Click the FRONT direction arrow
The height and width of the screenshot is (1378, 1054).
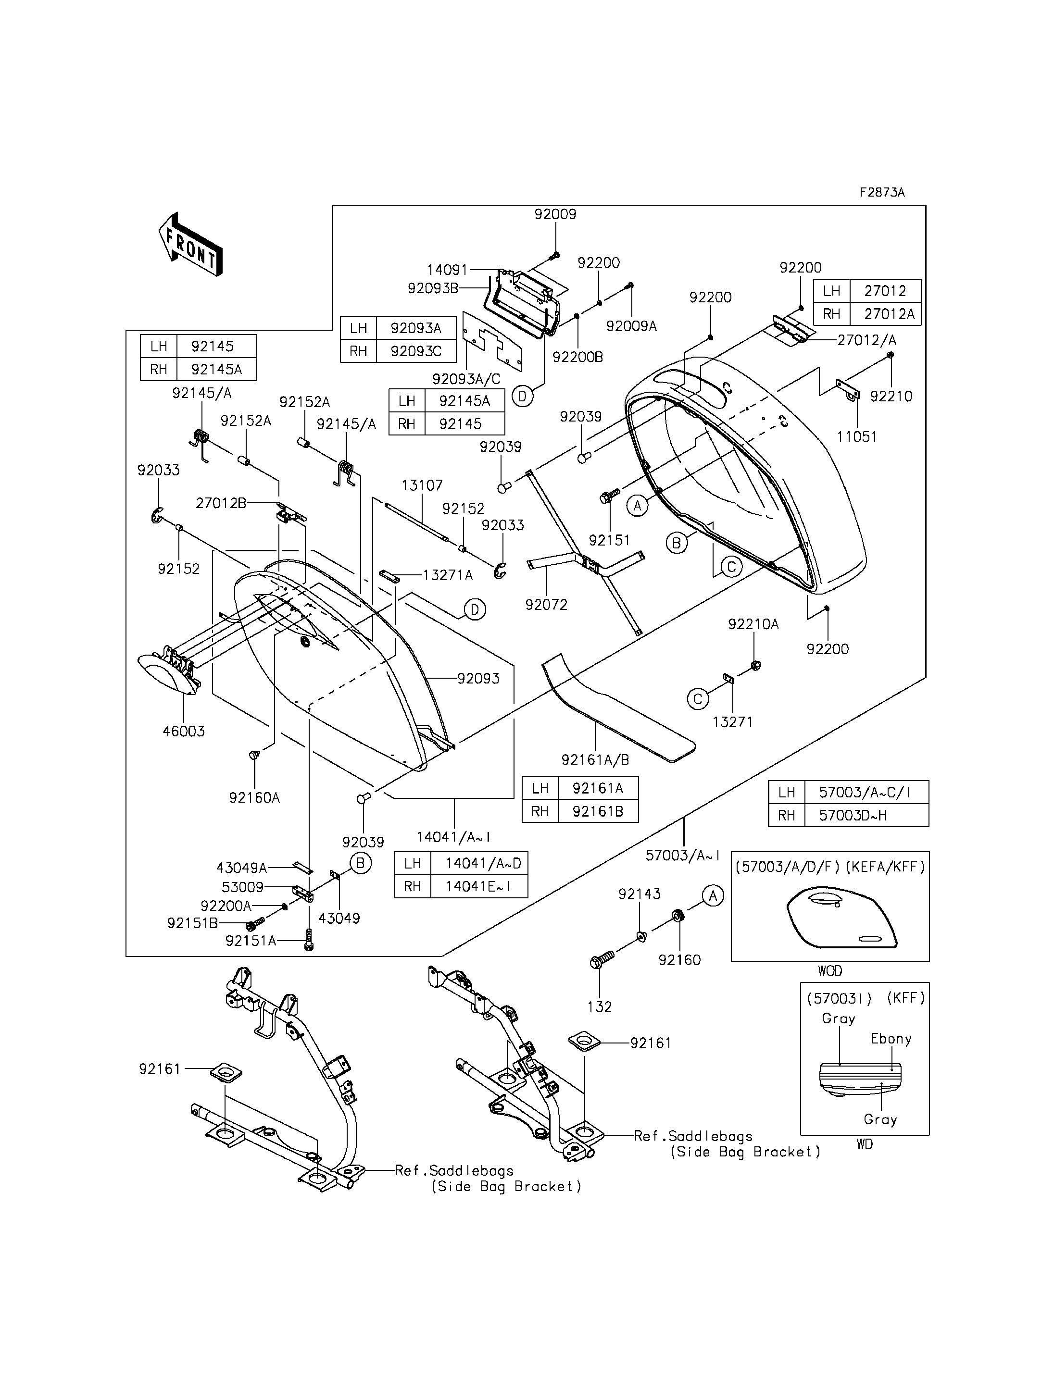190,244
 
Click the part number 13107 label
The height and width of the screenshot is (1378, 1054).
422,485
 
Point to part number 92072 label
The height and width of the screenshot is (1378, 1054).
546,605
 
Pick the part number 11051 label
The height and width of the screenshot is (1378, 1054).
857,436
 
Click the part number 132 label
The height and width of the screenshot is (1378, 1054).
599,1006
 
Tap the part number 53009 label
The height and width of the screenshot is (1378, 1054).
242,888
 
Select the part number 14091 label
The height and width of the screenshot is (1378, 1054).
447,270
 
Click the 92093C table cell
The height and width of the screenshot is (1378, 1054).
416,351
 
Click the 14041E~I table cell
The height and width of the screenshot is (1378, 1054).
479,886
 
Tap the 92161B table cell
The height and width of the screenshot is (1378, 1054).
598,811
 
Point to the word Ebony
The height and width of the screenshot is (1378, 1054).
891,1039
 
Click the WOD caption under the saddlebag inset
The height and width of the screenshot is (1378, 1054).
830,971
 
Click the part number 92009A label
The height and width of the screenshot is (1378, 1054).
631,326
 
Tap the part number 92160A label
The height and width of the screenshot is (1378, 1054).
254,798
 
